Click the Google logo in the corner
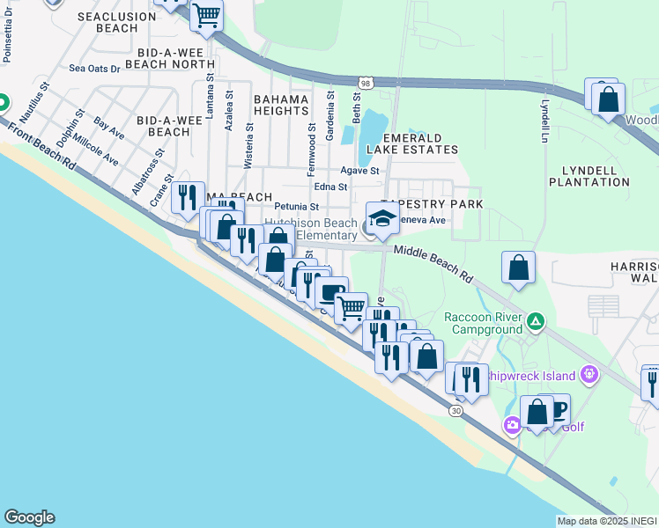[29, 517]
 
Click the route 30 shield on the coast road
[455, 410]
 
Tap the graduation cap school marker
[383, 219]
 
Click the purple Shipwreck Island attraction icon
[589, 376]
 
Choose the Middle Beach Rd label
[433, 263]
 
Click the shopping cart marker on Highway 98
[206, 15]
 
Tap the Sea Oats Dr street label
[94, 68]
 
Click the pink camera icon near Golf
[513, 426]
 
